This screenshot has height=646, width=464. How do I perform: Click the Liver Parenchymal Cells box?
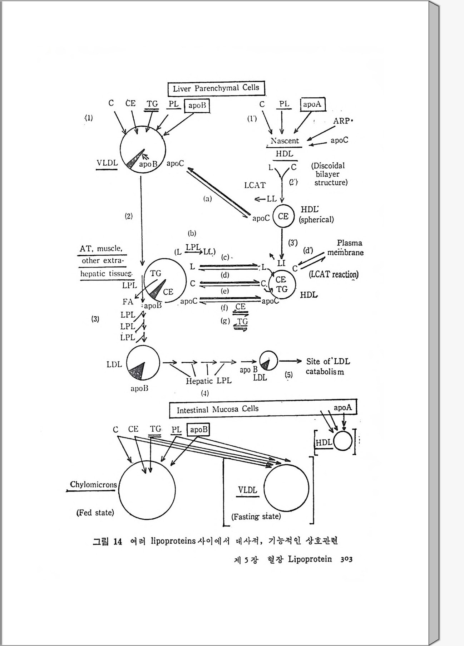(x=216, y=88)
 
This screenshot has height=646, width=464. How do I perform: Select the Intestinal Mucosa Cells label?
(x=217, y=409)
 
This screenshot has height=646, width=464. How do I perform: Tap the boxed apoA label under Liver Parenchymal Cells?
(x=312, y=104)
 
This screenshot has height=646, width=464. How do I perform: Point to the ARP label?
(x=342, y=121)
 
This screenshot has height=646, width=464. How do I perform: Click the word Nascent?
(x=285, y=141)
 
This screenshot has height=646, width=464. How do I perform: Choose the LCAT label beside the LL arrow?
(x=255, y=185)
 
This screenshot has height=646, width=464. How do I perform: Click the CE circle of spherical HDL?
(x=283, y=216)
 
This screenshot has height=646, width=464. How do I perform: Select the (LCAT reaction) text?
(x=334, y=274)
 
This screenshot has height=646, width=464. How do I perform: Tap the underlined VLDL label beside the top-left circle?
(x=107, y=163)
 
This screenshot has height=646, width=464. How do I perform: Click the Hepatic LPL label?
(x=209, y=381)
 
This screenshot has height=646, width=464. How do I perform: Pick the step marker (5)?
(x=288, y=375)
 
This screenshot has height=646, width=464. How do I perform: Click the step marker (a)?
(x=207, y=199)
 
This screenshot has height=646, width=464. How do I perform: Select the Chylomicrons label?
(x=93, y=485)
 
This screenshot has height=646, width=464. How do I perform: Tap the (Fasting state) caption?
(x=256, y=517)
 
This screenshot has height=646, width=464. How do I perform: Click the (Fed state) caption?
(x=95, y=513)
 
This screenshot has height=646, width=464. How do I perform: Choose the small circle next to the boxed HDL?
(x=343, y=441)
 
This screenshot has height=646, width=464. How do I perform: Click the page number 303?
(x=346, y=559)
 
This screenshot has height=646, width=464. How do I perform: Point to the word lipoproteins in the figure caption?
(x=173, y=541)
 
